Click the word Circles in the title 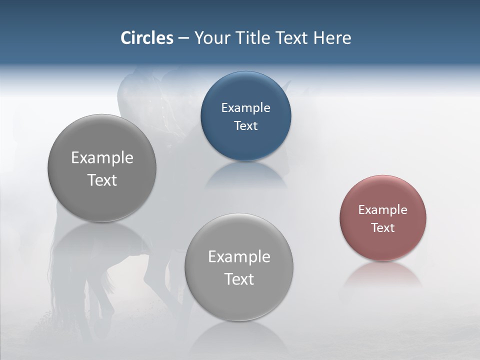click(147, 38)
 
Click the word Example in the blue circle click(246, 107)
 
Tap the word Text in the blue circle click(246, 125)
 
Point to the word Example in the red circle click(383, 209)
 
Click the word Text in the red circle click(383, 227)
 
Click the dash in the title click(183, 38)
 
